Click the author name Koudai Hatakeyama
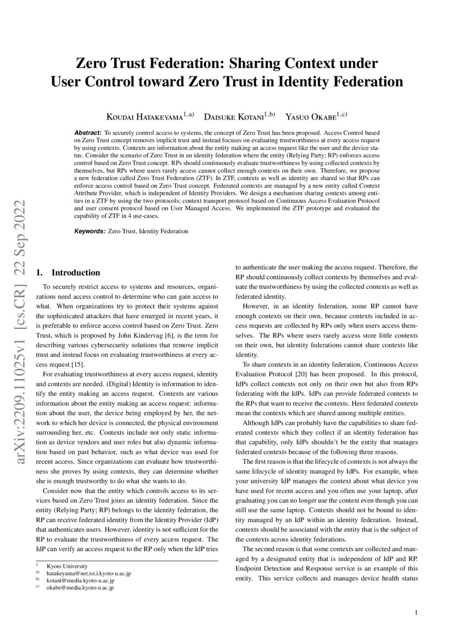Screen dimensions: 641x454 click(145, 116)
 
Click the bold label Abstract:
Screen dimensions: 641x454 click(88, 133)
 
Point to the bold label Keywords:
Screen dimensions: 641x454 click(89, 231)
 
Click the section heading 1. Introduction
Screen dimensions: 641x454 click(68, 273)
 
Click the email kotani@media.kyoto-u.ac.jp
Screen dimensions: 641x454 click(80, 580)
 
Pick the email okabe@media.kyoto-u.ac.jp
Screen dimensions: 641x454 click(80, 587)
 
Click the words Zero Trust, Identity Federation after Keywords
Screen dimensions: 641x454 click(148, 231)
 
